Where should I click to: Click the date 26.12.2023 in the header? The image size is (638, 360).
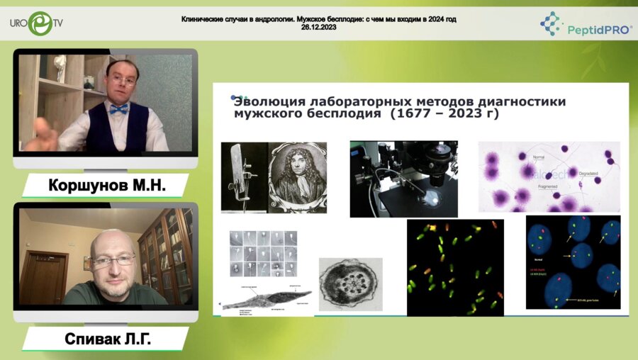[318, 27]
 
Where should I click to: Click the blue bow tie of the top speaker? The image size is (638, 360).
[119, 108]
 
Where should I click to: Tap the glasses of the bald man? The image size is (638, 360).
[113, 261]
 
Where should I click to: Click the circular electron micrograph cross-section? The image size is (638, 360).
[350, 284]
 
